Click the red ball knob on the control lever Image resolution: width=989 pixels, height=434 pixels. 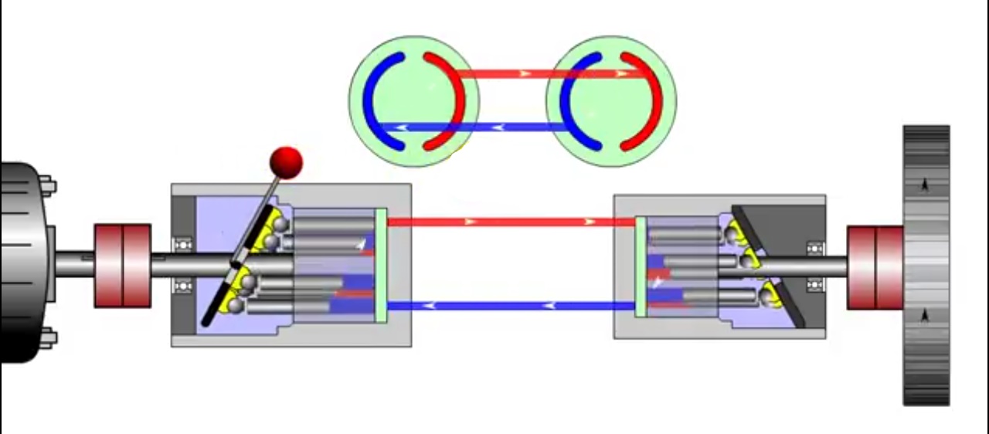tap(286, 162)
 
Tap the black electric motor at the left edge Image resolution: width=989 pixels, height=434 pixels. tap(23, 263)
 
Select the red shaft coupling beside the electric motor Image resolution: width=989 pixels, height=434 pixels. tap(122, 265)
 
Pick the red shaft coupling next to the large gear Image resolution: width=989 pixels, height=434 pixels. tap(875, 267)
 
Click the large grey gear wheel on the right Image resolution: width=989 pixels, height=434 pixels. tap(926, 265)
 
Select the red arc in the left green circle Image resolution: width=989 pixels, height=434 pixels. tap(454, 100)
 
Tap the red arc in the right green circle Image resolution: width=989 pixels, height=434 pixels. tap(653, 100)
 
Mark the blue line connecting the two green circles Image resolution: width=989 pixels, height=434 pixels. tap(502, 127)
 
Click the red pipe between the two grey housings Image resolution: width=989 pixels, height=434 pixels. tap(510, 222)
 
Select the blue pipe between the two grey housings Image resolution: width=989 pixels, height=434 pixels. tap(510, 306)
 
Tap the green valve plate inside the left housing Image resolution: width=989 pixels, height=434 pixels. tap(380, 265)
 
